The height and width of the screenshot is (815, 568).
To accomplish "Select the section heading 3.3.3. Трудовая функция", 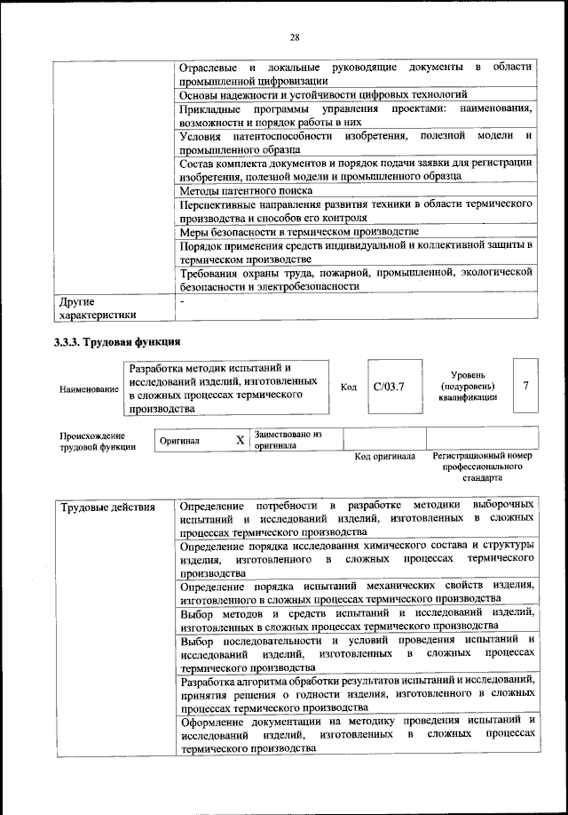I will click(x=117, y=341).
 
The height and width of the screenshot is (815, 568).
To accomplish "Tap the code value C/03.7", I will click(x=388, y=387).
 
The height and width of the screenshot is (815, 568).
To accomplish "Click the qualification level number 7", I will click(x=526, y=386).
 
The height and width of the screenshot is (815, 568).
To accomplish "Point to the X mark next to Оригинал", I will click(x=240, y=440).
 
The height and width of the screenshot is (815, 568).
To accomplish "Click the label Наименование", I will click(x=89, y=389).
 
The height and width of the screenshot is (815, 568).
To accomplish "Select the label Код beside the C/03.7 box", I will click(x=349, y=388).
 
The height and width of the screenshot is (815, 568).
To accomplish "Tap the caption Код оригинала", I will click(x=384, y=456).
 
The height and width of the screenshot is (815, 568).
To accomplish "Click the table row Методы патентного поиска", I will click(x=246, y=190).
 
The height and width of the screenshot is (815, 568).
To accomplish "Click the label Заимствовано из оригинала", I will click(x=288, y=440).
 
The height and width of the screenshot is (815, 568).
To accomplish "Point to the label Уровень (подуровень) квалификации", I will click(x=468, y=386).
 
